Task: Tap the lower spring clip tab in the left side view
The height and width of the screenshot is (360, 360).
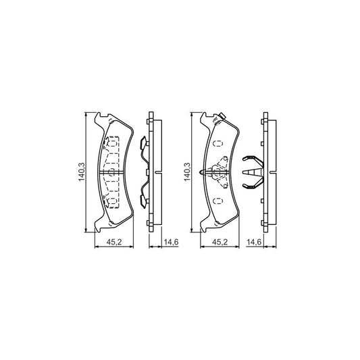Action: point(142,199)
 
